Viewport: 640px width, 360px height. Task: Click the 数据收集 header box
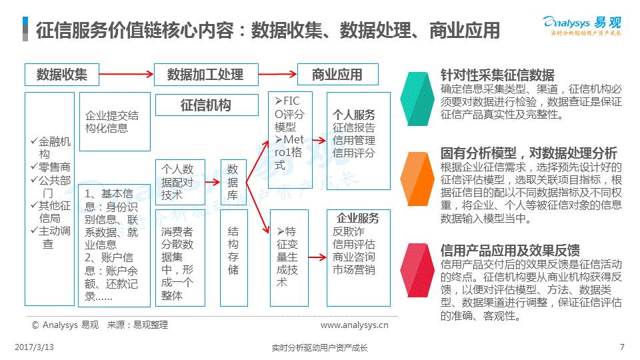click(x=62, y=75)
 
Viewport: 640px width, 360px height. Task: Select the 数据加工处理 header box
click(x=205, y=75)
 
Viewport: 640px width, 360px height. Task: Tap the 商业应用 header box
click(x=337, y=75)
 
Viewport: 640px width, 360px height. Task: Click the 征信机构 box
click(x=207, y=105)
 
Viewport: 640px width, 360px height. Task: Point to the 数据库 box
click(x=233, y=181)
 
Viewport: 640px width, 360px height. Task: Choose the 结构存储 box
click(x=233, y=256)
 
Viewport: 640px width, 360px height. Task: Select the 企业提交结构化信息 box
click(x=112, y=122)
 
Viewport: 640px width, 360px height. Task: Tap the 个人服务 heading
click(x=354, y=115)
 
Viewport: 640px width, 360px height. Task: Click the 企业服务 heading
click(x=358, y=218)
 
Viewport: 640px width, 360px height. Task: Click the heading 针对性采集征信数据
click(x=497, y=75)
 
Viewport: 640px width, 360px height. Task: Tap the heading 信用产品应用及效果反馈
click(x=510, y=250)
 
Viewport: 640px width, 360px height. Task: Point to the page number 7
click(x=621, y=347)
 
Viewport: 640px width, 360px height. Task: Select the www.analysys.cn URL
click(x=354, y=325)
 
